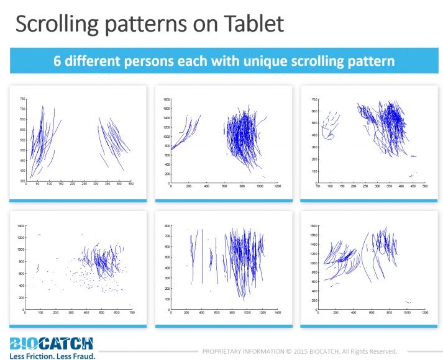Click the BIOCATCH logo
point(52,343)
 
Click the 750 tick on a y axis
point(22,99)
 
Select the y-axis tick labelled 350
point(22,181)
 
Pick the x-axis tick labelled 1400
point(277,312)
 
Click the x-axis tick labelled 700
point(130,312)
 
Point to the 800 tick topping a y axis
point(167,227)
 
